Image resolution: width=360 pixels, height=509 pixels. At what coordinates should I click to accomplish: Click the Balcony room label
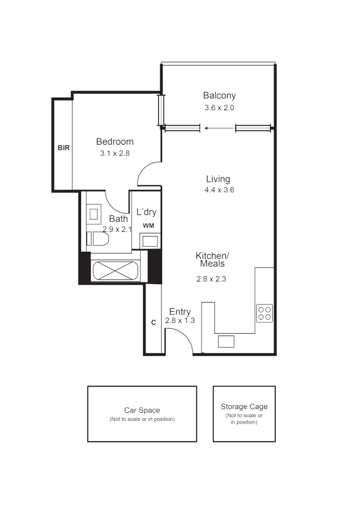click(220, 96)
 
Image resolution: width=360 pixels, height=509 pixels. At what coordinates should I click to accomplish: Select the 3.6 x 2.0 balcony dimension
click(220, 108)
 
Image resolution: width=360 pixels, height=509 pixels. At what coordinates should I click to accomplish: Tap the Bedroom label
click(115, 141)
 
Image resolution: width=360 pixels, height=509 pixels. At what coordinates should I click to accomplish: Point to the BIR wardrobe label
click(64, 148)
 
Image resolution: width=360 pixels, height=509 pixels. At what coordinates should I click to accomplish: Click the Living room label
click(218, 179)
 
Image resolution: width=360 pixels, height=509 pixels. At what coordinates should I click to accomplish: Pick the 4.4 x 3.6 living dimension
click(220, 190)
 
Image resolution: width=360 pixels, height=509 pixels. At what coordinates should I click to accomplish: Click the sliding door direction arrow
click(219, 128)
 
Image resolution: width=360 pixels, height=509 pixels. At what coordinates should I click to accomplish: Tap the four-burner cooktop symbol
click(264, 313)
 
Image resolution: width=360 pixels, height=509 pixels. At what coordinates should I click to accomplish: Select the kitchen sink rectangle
click(226, 342)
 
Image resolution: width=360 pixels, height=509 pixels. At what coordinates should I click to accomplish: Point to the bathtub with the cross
click(116, 271)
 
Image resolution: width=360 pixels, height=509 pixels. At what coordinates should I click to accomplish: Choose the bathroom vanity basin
click(94, 214)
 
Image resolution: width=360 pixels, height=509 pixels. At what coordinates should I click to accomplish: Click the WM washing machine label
click(149, 226)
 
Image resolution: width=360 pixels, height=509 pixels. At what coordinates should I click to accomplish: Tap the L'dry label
click(147, 212)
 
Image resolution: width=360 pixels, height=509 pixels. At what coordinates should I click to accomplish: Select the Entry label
click(180, 312)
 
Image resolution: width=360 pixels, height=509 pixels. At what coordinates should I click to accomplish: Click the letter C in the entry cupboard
click(154, 322)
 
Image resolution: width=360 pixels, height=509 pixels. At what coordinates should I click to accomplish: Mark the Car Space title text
click(142, 410)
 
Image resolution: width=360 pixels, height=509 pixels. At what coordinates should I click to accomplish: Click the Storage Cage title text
click(244, 407)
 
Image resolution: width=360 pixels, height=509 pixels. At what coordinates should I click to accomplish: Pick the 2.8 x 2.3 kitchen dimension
click(211, 279)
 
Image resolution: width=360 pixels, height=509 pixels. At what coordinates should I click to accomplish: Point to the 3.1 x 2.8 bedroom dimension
click(115, 153)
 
